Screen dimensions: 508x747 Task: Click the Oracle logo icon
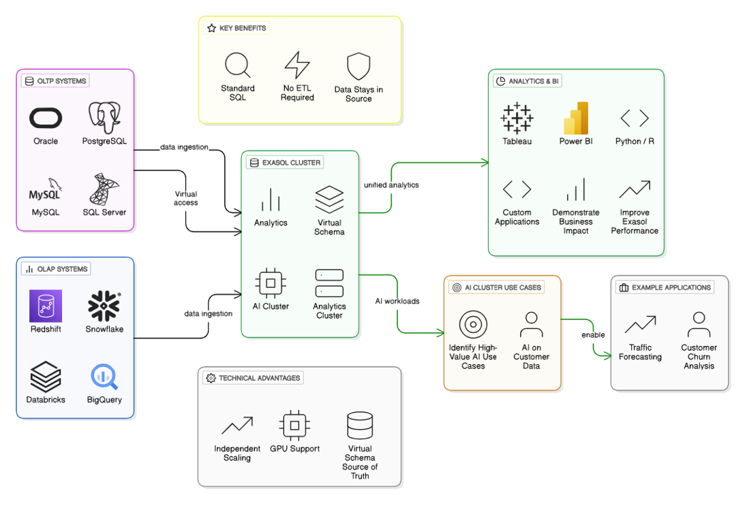pyautogui.click(x=46, y=118)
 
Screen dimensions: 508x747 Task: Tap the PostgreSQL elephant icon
pyautogui.click(x=104, y=118)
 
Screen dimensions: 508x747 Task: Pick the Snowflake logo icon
pyautogui.click(x=104, y=306)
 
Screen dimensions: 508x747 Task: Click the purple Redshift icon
pyautogui.click(x=46, y=306)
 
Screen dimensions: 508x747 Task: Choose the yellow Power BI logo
pyautogui.click(x=576, y=118)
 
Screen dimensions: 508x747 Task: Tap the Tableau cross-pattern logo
pyautogui.click(x=517, y=118)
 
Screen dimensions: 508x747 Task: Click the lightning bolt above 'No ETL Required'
pyautogui.click(x=297, y=66)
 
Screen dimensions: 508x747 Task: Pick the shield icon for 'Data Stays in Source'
pyautogui.click(x=359, y=67)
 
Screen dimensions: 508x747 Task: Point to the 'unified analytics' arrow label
pyautogui.click(x=391, y=185)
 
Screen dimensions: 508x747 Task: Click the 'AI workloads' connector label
pyautogui.click(x=397, y=301)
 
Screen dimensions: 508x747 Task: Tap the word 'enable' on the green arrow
pyautogui.click(x=593, y=335)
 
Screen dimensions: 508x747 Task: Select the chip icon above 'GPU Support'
pyautogui.click(x=294, y=426)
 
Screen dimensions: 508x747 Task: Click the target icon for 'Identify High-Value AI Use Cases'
pyautogui.click(x=473, y=325)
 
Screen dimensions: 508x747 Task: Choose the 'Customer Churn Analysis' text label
pyautogui.click(x=699, y=357)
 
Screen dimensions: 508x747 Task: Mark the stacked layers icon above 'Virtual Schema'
pyautogui.click(x=329, y=200)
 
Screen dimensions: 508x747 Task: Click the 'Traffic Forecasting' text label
pyautogui.click(x=640, y=352)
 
